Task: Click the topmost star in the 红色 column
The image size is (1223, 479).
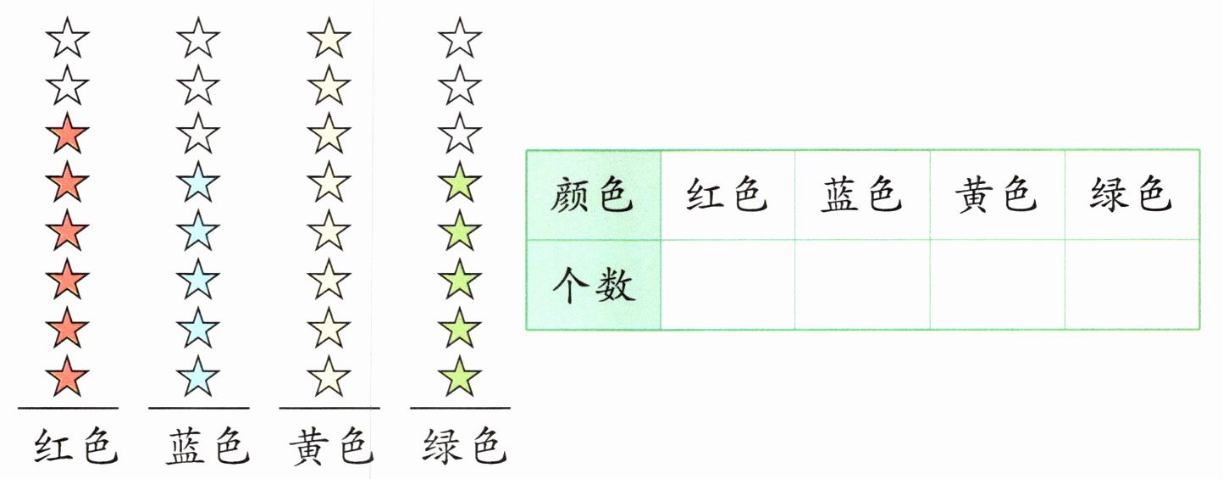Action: pyautogui.click(x=68, y=38)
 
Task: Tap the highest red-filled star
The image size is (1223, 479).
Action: pyautogui.click(x=68, y=133)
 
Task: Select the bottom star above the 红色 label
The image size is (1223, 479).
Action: pyautogui.click(x=68, y=376)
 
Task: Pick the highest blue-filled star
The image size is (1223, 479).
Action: pyautogui.click(x=198, y=181)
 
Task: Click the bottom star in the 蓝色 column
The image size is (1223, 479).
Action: pyautogui.click(x=198, y=376)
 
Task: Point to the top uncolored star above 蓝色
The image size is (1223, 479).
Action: pyautogui.click(x=198, y=38)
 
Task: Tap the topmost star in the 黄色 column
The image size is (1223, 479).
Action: pyautogui.click(x=329, y=38)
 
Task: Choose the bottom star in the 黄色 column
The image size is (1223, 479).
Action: pyautogui.click(x=329, y=376)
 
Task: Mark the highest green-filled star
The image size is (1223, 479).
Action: pyautogui.click(x=460, y=181)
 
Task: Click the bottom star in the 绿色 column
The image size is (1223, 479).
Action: pyautogui.click(x=460, y=376)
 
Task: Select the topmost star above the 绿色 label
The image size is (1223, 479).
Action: pyautogui.click(x=460, y=38)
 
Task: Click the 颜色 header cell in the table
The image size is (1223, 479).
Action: pyautogui.click(x=593, y=195)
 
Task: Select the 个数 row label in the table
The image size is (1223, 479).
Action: pyautogui.click(x=593, y=285)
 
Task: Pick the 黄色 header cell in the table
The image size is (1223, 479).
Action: pyautogui.click(x=996, y=195)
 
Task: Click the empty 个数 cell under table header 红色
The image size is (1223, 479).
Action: pyautogui.click(x=728, y=285)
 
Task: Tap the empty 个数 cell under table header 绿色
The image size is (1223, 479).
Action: pyautogui.click(x=1132, y=285)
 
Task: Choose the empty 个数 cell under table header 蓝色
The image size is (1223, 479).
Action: pyautogui.click(x=862, y=285)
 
